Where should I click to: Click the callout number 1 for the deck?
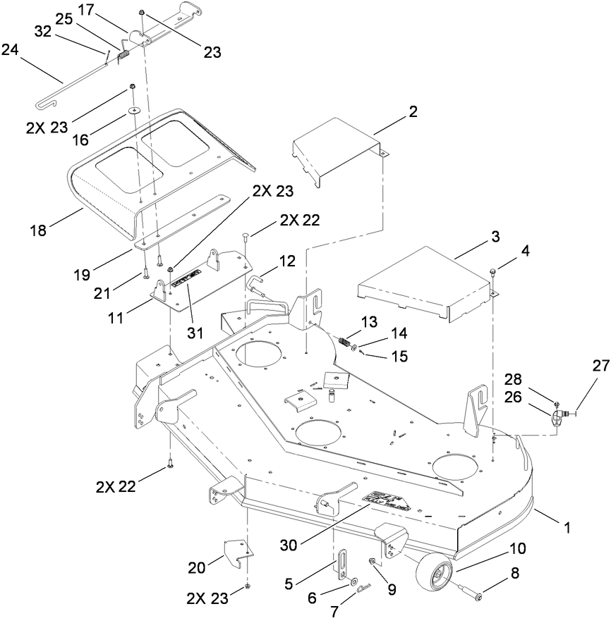click(567, 526)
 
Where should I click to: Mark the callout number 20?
click(198, 567)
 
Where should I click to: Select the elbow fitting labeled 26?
click(557, 420)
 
